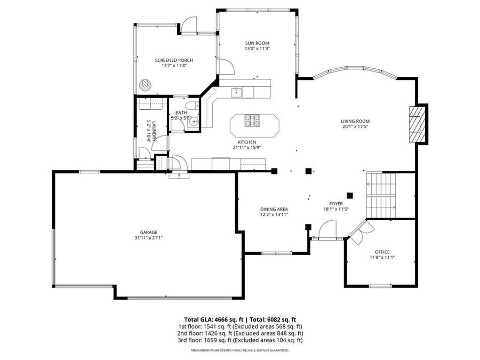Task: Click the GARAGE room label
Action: tap(149, 232)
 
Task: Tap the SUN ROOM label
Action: tap(257, 43)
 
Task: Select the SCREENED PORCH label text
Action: tap(174, 60)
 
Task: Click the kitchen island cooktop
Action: tap(252, 121)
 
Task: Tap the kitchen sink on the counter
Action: tap(236, 93)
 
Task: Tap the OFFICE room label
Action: tap(382, 252)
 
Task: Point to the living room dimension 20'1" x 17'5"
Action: tap(355, 127)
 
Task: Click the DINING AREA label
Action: tap(274, 209)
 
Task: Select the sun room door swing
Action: tap(227, 66)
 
